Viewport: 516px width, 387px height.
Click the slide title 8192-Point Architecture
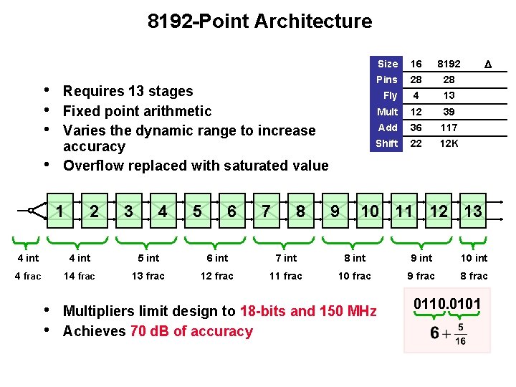coord(259,21)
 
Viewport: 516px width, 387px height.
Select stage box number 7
coord(265,211)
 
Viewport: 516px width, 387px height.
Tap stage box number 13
coord(472,211)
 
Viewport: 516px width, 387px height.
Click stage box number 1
coord(60,211)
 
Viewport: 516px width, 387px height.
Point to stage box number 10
coord(370,211)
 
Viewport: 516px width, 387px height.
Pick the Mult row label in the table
coord(387,112)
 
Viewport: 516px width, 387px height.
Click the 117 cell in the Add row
coord(449,128)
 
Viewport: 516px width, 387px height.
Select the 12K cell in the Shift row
coord(449,143)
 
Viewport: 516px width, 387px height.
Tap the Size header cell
coord(387,64)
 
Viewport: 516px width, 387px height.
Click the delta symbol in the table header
coord(488,64)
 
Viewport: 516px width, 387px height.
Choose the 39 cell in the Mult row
coord(449,112)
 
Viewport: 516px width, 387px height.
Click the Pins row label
coord(387,80)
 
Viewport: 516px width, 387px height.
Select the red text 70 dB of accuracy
coord(191,331)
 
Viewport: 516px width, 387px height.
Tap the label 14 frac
coord(79,276)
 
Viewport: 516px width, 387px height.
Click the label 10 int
coord(474,258)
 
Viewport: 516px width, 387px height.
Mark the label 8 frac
coord(474,276)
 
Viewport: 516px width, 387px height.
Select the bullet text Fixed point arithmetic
coord(137,111)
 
